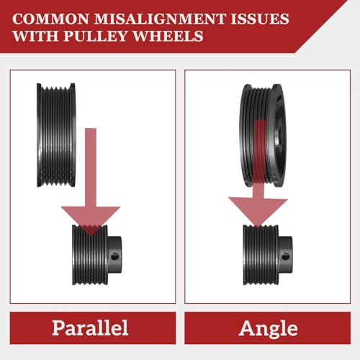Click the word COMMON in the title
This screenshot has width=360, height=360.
point(50,19)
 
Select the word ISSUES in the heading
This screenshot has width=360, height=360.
point(260,19)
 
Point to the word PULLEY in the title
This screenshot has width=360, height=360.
point(95,36)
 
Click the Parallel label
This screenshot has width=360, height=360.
point(90,328)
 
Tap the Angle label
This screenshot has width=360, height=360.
point(268,328)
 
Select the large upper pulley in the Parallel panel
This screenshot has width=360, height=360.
point(56,135)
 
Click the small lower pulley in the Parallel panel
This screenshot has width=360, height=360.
point(97,255)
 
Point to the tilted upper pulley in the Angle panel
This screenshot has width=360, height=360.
point(263,135)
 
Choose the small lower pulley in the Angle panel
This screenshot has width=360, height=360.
point(268,255)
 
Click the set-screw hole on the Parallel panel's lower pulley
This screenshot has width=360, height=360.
point(115,256)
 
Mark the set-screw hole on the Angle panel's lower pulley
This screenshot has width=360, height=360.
point(286,256)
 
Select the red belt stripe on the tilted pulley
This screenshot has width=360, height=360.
point(259,151)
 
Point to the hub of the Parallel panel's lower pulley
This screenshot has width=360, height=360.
point(114,255)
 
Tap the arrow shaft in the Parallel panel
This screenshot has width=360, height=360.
point(91,167)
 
